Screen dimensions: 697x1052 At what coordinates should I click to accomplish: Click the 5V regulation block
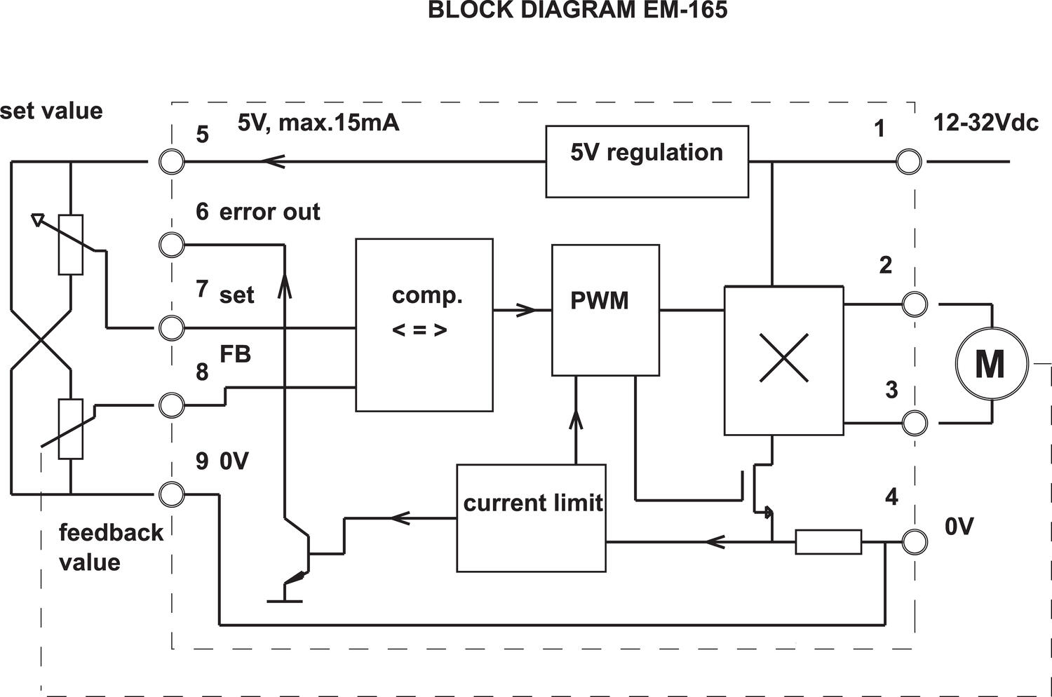(647, 161)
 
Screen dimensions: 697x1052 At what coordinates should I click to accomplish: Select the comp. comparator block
(424, 325)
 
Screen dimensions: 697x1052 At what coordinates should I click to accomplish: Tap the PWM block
(605, 309)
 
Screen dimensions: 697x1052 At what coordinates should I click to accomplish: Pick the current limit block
(531, 517)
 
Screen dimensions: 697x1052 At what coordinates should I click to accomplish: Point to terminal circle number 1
(909, 162)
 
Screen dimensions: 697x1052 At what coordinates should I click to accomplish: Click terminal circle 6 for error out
(172, 245)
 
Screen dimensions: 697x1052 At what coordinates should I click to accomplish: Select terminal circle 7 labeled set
(172, 327)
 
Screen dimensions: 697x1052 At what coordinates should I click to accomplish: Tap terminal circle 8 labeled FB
(172, 405)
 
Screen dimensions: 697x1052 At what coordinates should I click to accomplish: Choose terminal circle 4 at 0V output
(915, 542)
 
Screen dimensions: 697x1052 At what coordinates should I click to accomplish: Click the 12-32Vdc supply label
(985, 123)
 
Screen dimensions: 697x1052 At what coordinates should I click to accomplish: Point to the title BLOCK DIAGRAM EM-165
(577, 11)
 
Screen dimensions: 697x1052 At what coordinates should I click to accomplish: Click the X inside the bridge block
(783, 358)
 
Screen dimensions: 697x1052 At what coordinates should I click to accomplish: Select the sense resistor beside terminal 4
(828, 542)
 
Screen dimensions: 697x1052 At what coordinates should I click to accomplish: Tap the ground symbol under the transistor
(285, 600)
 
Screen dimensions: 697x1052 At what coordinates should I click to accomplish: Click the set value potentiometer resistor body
(71, 244)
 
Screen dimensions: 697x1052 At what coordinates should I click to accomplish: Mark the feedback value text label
(110, 547)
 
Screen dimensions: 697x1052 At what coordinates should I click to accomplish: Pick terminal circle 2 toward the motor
(915, 304)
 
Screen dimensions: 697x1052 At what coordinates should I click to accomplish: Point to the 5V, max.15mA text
(318, 123)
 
